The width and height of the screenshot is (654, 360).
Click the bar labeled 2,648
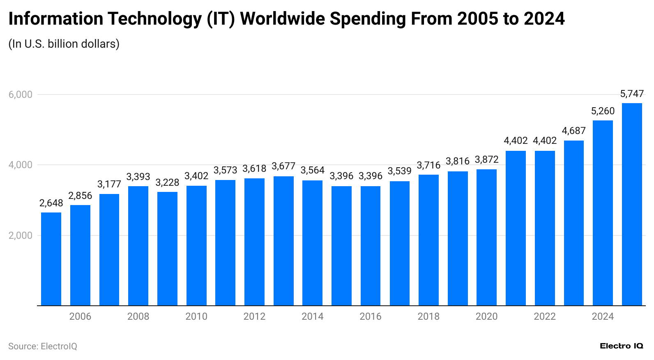51,259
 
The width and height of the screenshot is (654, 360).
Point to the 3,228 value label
167,182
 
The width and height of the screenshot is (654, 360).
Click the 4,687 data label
573,131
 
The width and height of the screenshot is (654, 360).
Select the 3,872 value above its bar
486,159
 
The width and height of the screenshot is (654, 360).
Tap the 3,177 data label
109,184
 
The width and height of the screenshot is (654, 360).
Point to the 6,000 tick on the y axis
20,95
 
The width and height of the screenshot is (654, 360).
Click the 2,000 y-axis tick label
20,235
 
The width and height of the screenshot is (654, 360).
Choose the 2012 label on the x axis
254,316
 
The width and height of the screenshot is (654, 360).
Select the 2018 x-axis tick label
428,316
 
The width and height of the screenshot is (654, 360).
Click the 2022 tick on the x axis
545,316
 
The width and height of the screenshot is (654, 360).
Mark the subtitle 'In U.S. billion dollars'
64,44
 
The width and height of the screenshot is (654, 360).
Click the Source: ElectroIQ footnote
43,346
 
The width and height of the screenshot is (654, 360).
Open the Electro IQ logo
621,346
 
